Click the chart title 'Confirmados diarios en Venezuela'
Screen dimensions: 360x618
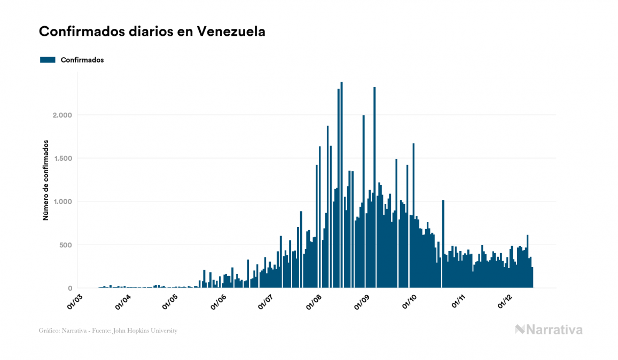[x=152, y=32]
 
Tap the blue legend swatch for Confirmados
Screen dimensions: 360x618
[x=48, y=60]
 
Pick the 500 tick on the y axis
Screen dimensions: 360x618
[x=64, y=245]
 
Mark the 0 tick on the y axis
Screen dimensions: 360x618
[x=70, y=288]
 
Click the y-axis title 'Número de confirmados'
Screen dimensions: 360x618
[x=46, y=181]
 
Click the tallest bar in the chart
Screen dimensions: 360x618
[x=342, y=187]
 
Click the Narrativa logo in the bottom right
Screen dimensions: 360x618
[x=549, y=330]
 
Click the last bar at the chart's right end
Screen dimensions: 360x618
[x=532, y=278]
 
